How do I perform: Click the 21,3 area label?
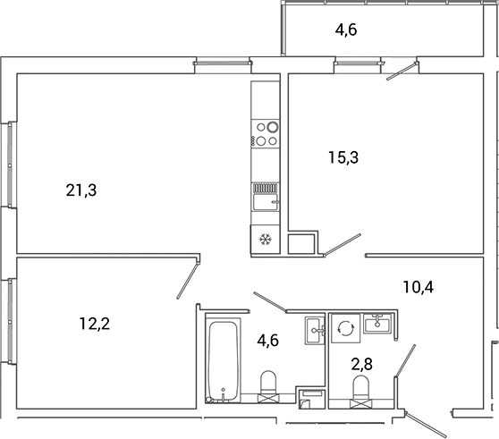81,190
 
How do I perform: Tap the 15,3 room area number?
343,157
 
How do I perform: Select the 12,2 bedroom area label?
95,325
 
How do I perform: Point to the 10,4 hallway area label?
419,287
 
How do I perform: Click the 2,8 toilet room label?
362,364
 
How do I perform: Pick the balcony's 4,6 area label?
346,30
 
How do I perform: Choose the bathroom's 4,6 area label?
268,341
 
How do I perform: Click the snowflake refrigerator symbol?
265,240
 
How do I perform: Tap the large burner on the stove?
273,127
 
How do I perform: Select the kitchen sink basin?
266,202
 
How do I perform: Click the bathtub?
223,362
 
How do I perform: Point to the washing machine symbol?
345,328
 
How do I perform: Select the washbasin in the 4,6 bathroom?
315,331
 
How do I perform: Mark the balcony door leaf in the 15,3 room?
402,71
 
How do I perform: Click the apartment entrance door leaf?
427,425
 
